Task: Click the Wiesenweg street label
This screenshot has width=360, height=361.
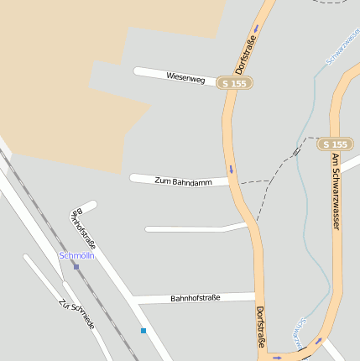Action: (185, 78)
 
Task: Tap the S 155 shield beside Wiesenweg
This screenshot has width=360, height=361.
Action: (234, 83)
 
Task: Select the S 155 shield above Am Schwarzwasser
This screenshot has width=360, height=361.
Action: (335, 144)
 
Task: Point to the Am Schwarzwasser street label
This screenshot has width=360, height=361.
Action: (336, 192)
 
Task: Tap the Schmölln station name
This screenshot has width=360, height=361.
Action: (76, 255)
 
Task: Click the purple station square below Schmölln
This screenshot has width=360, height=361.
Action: (76, 267)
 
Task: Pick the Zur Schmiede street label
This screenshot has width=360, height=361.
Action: (77, 314)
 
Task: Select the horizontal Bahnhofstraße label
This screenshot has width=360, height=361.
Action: (195, 298)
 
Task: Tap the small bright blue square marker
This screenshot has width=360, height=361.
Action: (143, 331)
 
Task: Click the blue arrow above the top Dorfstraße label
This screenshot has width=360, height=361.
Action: (256, 28)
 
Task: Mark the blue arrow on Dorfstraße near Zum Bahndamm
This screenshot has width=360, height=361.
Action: (231, 169)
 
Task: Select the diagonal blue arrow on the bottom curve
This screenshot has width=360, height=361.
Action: (318, 342)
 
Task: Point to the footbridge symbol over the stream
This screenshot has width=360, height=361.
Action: (296, 152)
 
